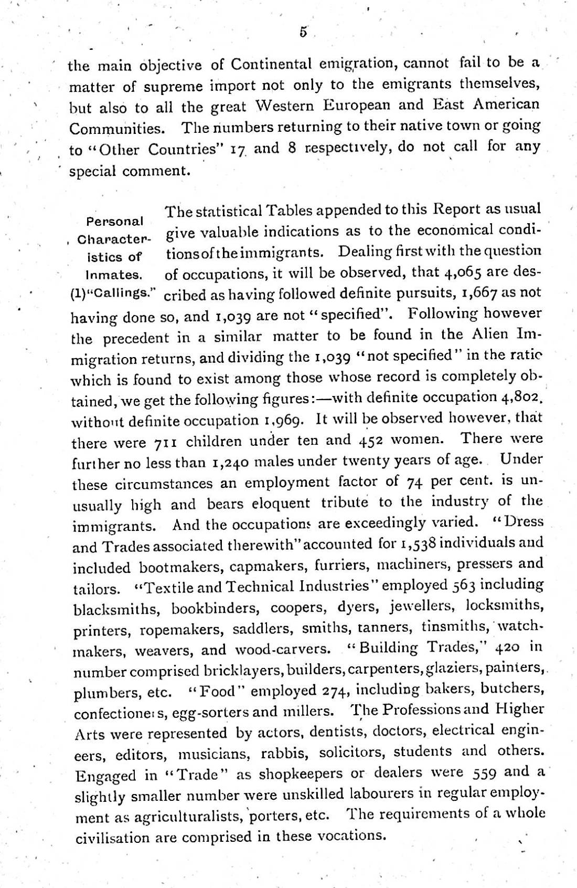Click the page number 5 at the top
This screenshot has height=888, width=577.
click(303, 32)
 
